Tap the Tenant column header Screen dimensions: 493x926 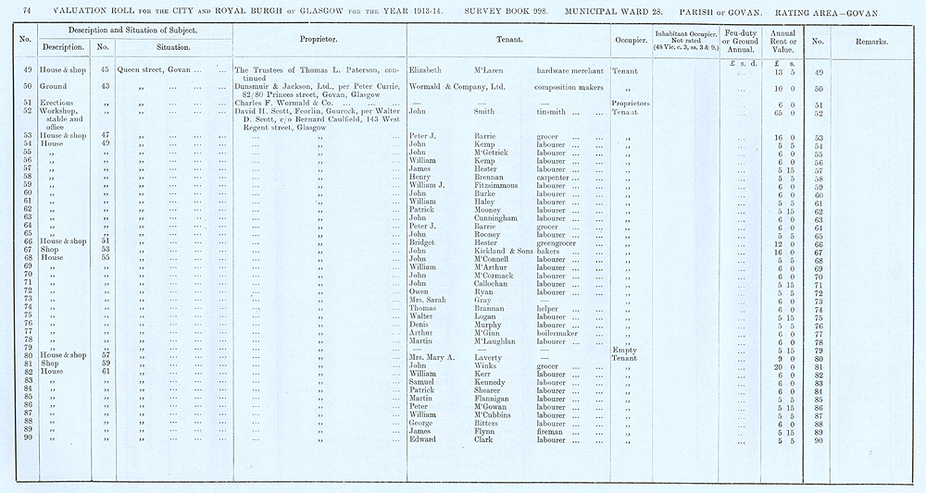point(507,42)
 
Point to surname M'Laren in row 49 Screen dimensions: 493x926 point(491,70)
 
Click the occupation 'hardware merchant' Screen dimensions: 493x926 point(569,70)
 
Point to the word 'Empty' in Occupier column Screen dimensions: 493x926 point(625,350)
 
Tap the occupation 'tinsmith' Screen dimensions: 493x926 point(552,111)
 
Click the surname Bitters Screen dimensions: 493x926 point(487,422)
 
